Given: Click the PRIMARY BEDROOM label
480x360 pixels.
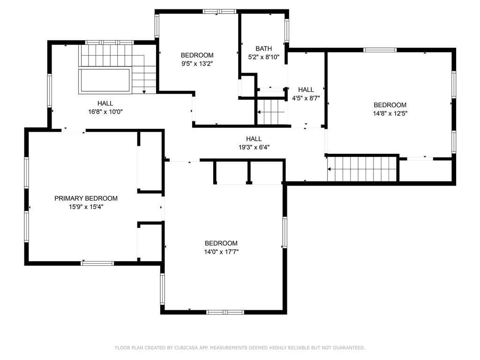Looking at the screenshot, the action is coord(86,198).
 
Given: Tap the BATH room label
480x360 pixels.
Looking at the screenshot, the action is coord(263,48).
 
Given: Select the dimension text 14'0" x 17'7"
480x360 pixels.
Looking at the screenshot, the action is coord(221,252).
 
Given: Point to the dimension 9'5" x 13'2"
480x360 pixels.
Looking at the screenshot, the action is coord(197,64).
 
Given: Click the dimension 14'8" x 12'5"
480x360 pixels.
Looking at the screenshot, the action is coord(390,113).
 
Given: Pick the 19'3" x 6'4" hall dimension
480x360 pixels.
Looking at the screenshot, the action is coord(254,147).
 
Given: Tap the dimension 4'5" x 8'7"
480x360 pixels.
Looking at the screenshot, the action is coord(306,98).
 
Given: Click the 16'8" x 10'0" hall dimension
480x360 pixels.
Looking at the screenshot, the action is coord(105,112).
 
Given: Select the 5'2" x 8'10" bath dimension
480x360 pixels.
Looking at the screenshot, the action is coord(263,57).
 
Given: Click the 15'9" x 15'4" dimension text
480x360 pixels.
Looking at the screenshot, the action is coord(86,207).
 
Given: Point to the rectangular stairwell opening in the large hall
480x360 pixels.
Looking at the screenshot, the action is coord(105,81).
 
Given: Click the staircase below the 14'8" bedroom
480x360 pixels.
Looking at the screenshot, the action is coord(362,169).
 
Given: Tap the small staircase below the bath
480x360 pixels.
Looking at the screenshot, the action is coord(271,112).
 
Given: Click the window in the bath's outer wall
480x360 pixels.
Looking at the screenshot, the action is coord(287,30).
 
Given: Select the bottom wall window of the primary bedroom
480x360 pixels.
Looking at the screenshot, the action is coord(97,263).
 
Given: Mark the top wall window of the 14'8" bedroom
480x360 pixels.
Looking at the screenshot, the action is coord(380,50).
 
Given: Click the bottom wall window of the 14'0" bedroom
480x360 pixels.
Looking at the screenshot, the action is coord(225,312).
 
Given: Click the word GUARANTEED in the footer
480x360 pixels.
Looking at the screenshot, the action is coord(349,348).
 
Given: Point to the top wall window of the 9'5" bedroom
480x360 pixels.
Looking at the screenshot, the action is coord(219,12).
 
